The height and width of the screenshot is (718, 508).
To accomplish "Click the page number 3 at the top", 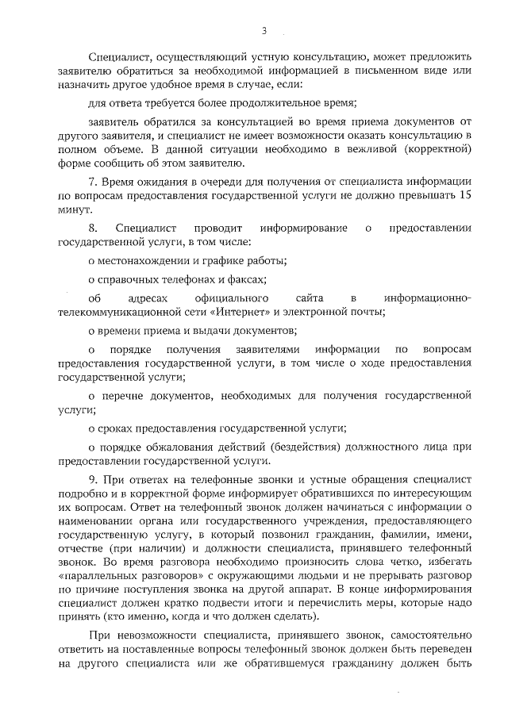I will tap(263, 30).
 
